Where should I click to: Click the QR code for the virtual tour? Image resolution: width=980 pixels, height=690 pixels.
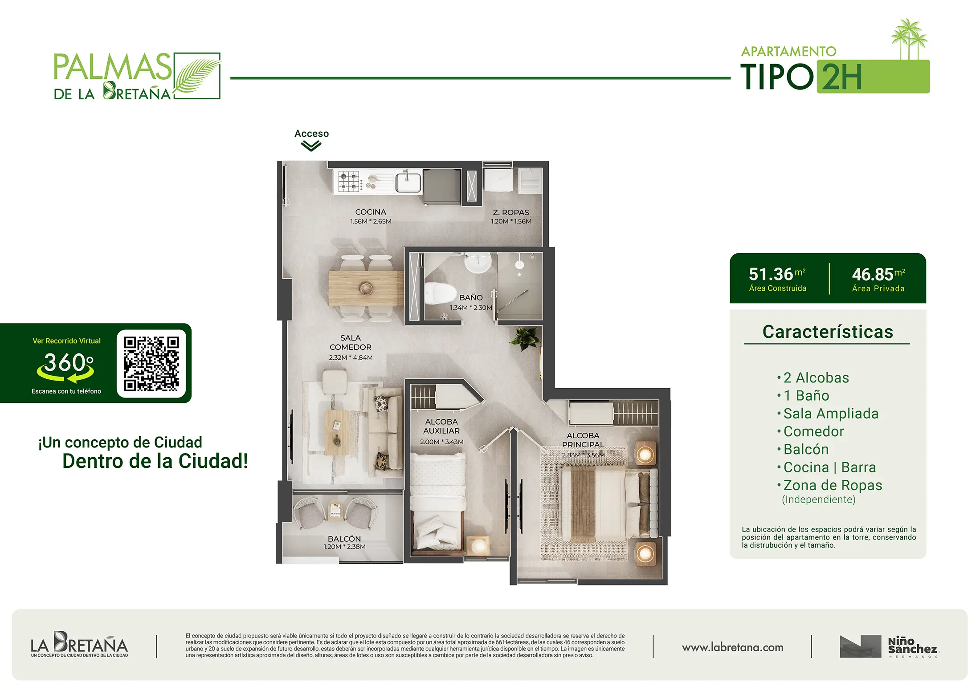click(151, 364)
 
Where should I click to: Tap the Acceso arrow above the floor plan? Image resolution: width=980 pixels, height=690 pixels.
click(311, 146)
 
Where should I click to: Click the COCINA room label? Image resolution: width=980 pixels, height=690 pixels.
click(371, 212)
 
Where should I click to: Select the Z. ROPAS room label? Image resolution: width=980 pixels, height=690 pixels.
click(511, 212)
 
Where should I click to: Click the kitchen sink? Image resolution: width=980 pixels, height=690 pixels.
click(408, 182)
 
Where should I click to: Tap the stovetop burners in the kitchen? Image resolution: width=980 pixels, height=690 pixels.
click(349, 182)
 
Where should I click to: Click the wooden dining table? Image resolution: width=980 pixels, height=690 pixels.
click(366, 288)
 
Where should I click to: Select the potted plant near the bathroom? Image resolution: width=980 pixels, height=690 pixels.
click(526, 338)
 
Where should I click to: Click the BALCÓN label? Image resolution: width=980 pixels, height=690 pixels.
click(344, 539)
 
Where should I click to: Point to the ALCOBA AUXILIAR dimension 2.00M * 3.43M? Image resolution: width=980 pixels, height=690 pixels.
click(441, 442)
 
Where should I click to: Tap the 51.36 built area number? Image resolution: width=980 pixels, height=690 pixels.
click(771, 274)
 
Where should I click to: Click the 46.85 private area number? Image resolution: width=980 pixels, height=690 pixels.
click(872, 275)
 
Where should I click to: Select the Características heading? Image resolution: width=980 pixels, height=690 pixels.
click(828, 332)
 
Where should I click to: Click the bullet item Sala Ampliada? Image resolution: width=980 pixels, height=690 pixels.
click(831, 414)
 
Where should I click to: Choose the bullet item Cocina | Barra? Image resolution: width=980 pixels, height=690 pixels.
click(829, 467)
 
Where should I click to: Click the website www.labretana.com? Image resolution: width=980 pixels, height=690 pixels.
click(732, 648)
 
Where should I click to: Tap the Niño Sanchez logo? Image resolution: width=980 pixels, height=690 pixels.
click(889, 646)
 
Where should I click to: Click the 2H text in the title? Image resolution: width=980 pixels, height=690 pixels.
click(841, 77)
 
